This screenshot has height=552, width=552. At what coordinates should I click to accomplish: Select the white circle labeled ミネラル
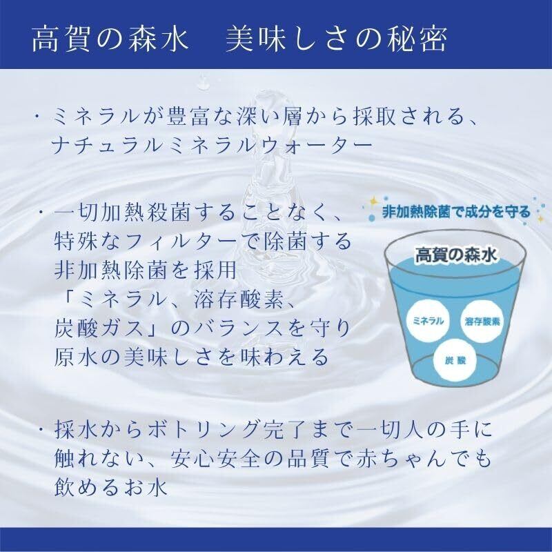(428, 321)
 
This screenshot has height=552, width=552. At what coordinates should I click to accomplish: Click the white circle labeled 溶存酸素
(482, 322)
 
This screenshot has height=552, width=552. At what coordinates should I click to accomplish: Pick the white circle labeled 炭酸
(455, 360)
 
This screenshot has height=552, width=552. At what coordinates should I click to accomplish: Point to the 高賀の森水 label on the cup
(455, 255)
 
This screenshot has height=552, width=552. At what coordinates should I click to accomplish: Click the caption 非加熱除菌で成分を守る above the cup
(456, 213)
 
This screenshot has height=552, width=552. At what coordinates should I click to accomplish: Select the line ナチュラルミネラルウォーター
(212, 145)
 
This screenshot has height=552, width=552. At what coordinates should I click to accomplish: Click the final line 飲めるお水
(110, 487)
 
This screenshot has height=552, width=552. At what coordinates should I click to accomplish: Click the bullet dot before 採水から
(41, 428)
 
